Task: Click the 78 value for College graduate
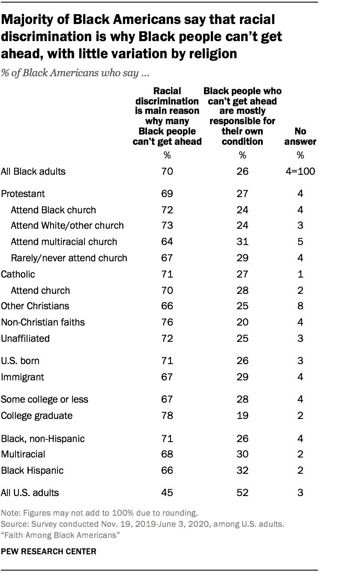pyautogui.click(x=167, y=416)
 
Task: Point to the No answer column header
pyautogui.click(x=300, y=136)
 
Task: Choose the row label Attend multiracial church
pyautogui.click(x=64, y=242)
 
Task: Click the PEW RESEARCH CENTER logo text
pyautogui.click(x=49, y=552)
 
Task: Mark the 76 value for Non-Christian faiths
pyautogui.click(x=167, y=322)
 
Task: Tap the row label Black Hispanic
pyautogui.click(x=33, y=470)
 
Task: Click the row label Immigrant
pyautogui.click(x=22, y=377)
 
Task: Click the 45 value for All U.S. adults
pyautogui.click(x=167, y=493)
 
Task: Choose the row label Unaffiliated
pyautogui.click(x=26, y=338)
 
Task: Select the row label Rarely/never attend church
pyautogui.click(x=69, y=258)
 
